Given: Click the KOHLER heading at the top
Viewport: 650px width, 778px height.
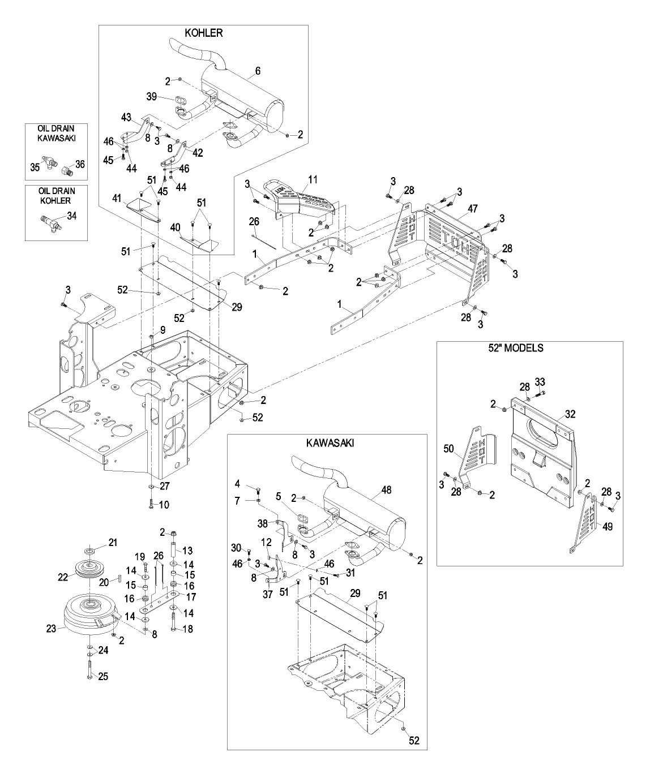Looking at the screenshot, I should click(x=204, y=33).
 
